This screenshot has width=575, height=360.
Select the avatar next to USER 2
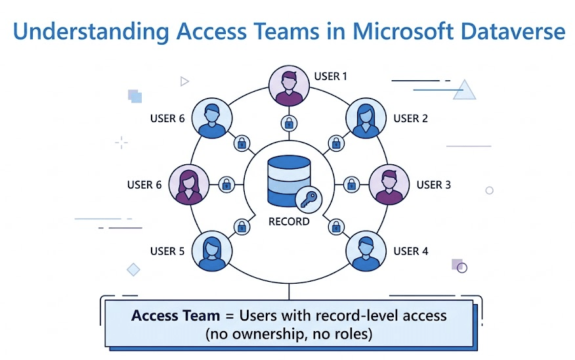pos(365,119)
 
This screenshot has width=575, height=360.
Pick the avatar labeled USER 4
pos(365,250)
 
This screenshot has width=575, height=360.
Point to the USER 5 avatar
pos(211,250)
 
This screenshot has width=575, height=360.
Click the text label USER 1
pos(331,76)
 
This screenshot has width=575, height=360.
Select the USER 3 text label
pos(433,185)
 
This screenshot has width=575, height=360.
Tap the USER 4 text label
pos(411,251)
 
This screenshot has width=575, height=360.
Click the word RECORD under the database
pos(289,221)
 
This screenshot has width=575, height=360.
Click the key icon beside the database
pos(307,198)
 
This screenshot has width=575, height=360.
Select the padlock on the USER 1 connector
pos(288,122)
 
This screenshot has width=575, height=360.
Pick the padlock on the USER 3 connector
pos(351,185)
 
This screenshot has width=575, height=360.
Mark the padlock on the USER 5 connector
pos(242,227)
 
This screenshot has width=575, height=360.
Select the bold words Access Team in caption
pos(175,315)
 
